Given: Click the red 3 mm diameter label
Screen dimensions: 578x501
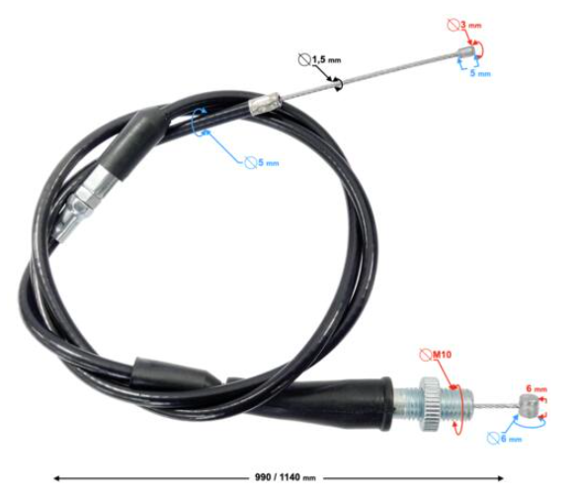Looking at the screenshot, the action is point(470,25).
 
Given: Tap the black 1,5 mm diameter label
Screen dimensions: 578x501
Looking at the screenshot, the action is point(327,59).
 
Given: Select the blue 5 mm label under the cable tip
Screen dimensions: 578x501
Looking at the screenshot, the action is point(480,73).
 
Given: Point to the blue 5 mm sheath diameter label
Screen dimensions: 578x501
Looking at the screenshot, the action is point(268,163).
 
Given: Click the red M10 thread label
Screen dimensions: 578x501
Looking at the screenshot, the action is point(442,355).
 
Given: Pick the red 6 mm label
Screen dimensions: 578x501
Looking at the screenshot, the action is point(537,388).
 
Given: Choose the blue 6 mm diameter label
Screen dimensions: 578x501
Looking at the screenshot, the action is point(511,439).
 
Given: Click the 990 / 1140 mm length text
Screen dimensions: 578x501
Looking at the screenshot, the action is point(285,477).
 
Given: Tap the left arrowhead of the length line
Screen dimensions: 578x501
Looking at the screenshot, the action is point(56,478).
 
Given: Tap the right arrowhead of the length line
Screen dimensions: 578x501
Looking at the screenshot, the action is point(500,478).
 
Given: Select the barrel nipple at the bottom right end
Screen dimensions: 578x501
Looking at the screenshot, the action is point(529,404).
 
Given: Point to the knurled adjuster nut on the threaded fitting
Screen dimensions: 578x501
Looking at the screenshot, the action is point(430,404).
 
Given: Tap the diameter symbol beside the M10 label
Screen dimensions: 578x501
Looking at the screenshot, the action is point(426,355).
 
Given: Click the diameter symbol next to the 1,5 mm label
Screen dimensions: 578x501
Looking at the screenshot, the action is point(304,59).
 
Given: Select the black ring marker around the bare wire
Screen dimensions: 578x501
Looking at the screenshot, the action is point(338,85).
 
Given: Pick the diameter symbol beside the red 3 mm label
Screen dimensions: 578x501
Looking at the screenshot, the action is point(454,25).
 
